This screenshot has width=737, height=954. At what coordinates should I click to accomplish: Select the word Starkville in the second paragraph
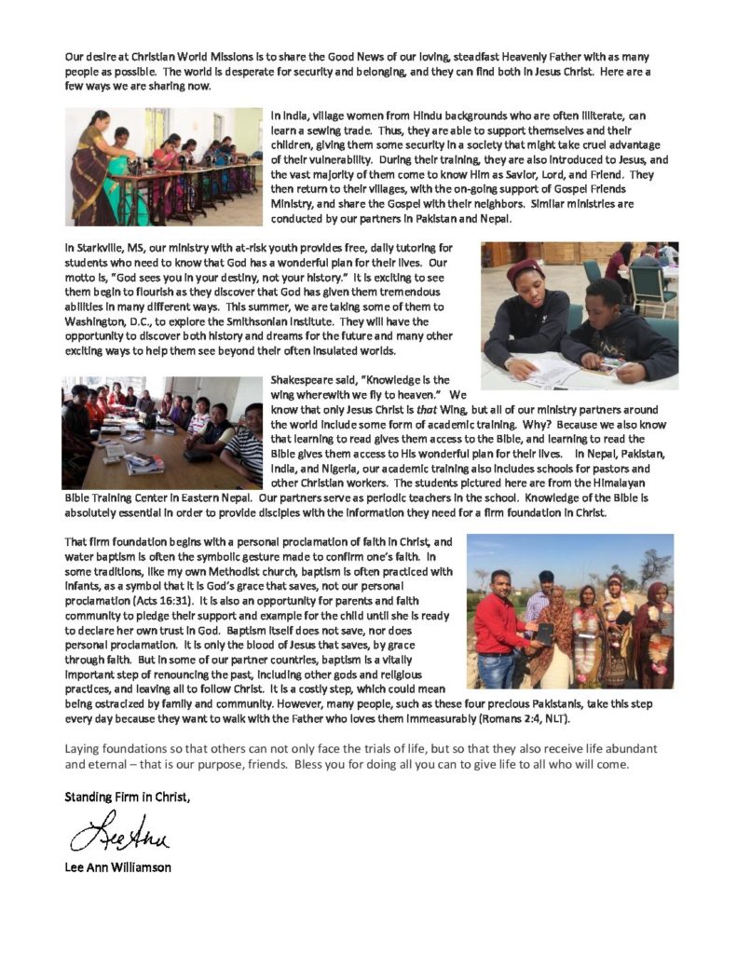98,247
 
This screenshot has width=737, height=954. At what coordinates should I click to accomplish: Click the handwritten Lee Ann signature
118,829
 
